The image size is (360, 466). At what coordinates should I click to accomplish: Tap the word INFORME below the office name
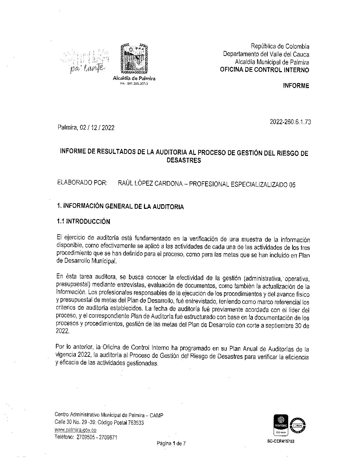pos(296,86)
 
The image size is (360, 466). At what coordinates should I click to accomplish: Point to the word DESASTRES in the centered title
pos(184,161)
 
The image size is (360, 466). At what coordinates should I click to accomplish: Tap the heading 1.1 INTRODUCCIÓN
pos(83,221)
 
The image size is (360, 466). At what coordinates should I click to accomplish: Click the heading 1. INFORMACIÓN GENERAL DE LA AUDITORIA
pos(120,207)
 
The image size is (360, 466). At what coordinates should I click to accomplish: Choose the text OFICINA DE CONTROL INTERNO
pos(265,70)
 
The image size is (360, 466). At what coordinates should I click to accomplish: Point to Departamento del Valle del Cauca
pos(266,54)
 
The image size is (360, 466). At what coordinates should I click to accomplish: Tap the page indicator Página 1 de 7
pos(171,443)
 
